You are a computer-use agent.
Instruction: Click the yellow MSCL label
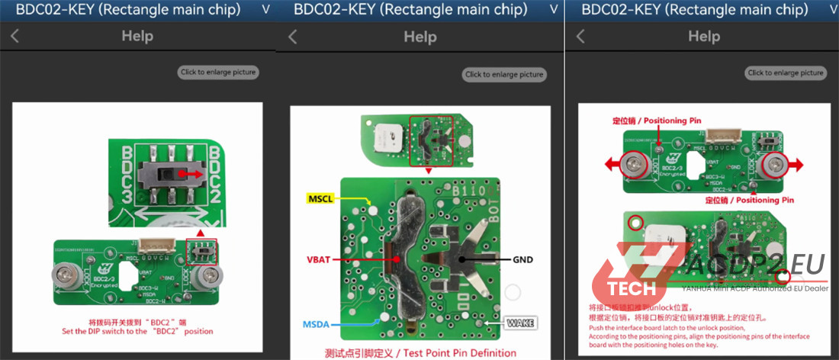point(321,199)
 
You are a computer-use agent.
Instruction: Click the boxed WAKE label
point(519,323)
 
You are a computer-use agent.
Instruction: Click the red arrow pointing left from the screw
point(611,162)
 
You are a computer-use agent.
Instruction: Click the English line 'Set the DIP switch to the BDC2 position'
point(138,331)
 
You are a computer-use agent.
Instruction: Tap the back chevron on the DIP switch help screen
point(14,36)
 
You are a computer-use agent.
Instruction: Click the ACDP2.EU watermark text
point(755,265)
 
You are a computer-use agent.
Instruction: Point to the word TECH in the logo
point(632,288)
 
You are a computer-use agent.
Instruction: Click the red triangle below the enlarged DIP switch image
point(200,231)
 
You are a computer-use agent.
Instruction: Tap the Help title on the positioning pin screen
point(703,36)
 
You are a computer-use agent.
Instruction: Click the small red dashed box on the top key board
point(431,142)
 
